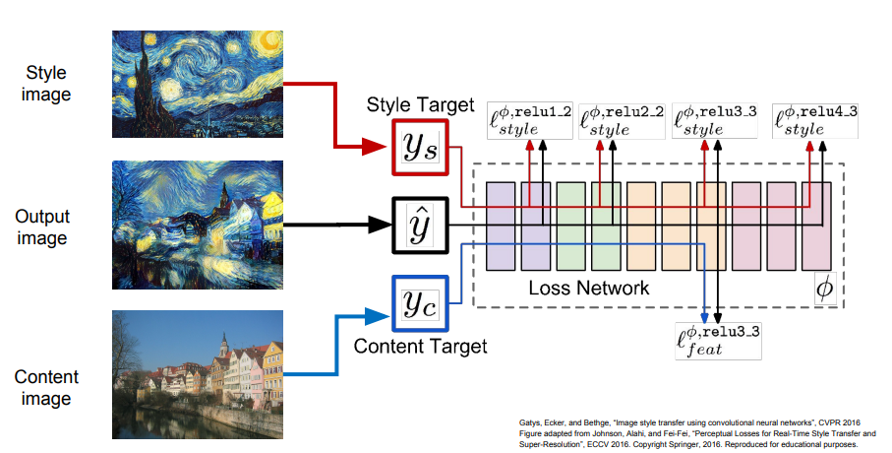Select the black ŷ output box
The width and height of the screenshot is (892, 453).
[420, 226]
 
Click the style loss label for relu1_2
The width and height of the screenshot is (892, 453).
[530, 120]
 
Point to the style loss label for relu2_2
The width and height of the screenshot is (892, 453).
[622, 120]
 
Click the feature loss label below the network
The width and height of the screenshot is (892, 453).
[718, 337]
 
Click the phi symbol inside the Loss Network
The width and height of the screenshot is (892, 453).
[825, 289]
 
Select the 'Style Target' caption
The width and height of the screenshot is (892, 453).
[420, 104]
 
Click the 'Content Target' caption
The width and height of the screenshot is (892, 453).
[420, 347]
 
